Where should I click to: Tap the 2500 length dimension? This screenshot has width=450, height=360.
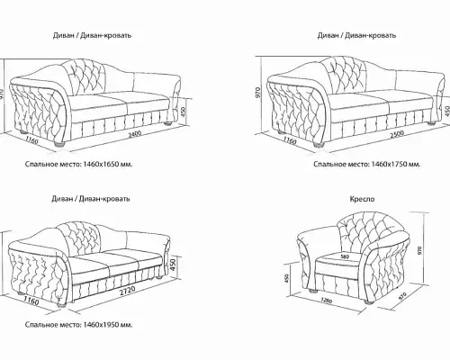(x=397, y=134)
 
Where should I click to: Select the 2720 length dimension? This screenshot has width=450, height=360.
(x=127, y=292)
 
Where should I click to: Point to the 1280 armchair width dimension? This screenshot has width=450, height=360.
(x=327, y=300)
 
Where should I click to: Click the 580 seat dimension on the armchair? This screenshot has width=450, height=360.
(x=345, y=256)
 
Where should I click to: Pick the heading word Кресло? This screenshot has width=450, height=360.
(x=362, y=199)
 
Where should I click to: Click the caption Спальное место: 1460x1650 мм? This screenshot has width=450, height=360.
(x=78, y=165)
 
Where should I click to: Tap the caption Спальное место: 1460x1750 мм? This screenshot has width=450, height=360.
(x=367, y=165)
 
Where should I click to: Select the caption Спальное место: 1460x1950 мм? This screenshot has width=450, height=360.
(x=78, y=325)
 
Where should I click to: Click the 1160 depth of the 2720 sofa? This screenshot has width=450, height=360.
(x=31, y=301)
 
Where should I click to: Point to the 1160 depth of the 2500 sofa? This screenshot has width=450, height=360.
(x=290, y=139)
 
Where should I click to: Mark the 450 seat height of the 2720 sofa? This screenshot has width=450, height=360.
(x=173, y=265)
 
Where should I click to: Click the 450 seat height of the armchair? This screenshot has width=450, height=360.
(x=286, y=279)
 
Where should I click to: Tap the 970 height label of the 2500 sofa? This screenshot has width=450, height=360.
(x=258, y=93)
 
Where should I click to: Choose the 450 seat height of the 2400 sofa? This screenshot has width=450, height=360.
(x=184, y=112)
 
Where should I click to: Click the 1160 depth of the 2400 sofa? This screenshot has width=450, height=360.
(x=31, y=139)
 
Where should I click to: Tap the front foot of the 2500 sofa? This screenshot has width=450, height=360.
(x=319, y=145)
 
